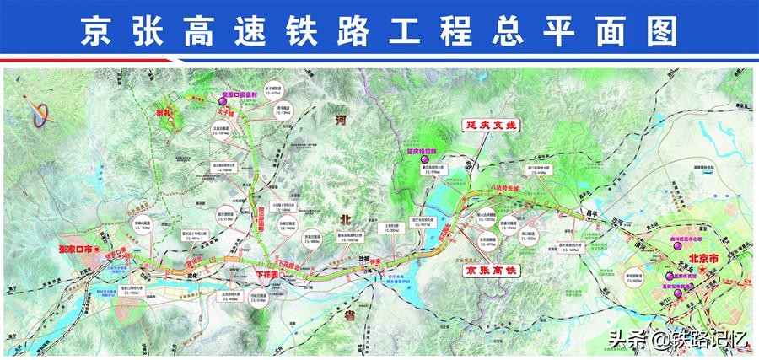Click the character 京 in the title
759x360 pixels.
pyautogui.click(x=95, y=32)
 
